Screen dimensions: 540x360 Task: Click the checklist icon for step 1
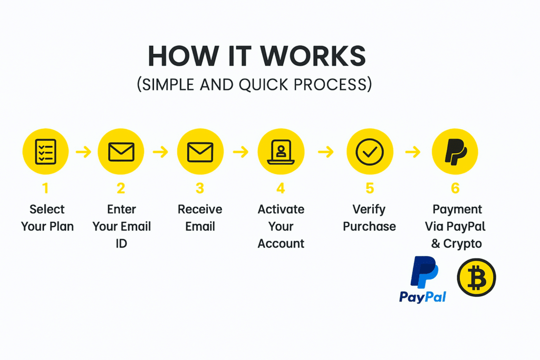pos(45,151)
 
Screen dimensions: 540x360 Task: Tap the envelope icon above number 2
pos(121,152)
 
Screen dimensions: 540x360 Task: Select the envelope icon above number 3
pos(200,152)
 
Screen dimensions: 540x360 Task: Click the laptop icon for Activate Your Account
pos(281,152)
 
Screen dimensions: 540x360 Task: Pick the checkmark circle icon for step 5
pos(370,152)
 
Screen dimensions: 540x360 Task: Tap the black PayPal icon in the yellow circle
pos(455,152)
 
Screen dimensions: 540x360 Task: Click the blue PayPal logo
pos(423,279)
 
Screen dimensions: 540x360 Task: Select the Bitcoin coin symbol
pos(476,277)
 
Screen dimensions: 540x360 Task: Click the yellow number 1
pos(45,188)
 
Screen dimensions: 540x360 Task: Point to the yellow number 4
pos(281,188)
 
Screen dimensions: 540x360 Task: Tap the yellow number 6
pos(455,188)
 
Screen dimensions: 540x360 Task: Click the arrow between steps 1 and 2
pos(83,151)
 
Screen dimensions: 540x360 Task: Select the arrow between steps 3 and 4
pos(240,151)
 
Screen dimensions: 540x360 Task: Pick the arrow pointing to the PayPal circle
pos(413,151)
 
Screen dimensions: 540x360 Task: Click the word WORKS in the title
pos(313,56)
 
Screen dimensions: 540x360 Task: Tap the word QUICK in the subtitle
pos(264,85)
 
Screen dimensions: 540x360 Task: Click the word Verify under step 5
pos(369,209)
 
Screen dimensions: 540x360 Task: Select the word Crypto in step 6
pos(462,244)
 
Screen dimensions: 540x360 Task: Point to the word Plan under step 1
pos(61,227)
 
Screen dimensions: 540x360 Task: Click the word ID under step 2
pos(121,244)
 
